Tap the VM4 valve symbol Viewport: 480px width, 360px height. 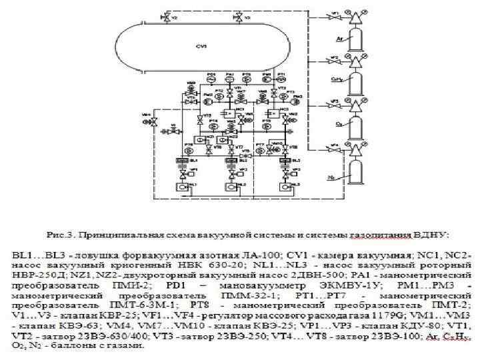click(153, 123)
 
